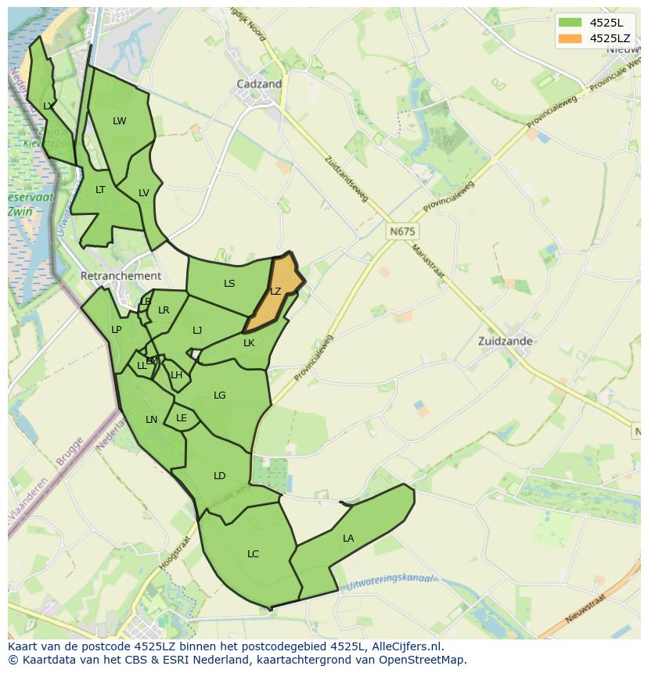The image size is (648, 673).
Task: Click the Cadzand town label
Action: point(259,84)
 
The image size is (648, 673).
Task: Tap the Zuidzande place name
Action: point(505,341)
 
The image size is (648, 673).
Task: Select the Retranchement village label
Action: point(121,276)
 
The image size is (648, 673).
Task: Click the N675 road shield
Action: point(402,231)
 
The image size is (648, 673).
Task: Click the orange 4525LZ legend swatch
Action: point(569,38)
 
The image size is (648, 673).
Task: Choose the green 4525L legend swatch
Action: point(569,22)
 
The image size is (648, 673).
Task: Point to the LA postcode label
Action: point(348,538)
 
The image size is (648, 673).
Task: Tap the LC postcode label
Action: point(253,554)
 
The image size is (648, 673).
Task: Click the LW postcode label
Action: point(119,120)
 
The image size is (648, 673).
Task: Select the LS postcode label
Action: point(229,284)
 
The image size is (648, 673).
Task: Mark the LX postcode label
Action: point(49,106)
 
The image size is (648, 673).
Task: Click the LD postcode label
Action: point(219,476)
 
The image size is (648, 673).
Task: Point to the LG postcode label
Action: point(219,396)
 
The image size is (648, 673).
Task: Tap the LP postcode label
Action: point(116,330)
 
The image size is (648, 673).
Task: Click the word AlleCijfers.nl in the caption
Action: point(405,646)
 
